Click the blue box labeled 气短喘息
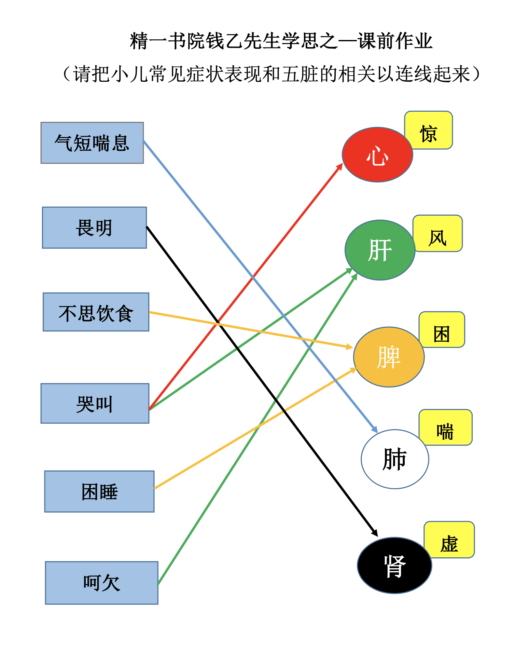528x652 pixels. tap(92, 143)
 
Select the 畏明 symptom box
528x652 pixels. tap(94, 228)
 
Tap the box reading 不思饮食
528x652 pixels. tap(96, 312)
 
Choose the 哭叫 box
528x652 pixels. tap(95, 403)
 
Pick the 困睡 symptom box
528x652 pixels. tap(99, 491)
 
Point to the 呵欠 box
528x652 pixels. tap(102, 583)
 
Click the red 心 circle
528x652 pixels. tap(377, 154)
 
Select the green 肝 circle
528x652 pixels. tap(380, 250)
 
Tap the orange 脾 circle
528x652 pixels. tap(389, 357)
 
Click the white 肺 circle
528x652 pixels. tap(395, 459)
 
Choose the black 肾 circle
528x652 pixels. tap(394, 566)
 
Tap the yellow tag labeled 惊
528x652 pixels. tap(429, 130)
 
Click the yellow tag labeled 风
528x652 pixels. tap(438, 233)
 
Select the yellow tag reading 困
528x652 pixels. tap(442, 330)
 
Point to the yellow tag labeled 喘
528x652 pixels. tap(446, 427)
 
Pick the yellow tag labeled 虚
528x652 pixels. tap(449, 540)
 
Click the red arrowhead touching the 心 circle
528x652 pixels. tap(339, 166)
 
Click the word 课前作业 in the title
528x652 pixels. tap(395, 41)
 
